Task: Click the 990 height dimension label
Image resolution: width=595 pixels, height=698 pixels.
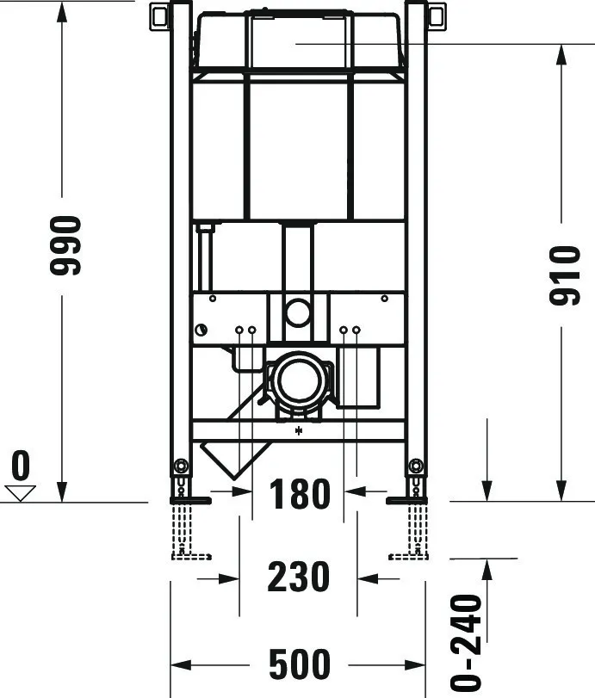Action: tap(65, 245)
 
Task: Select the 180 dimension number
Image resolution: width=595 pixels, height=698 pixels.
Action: tap(299, 495)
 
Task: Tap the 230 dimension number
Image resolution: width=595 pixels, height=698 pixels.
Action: tap(299, 577)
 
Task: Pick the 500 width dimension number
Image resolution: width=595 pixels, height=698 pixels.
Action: tap(299, 664)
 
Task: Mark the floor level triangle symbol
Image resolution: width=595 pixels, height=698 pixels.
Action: tap(20, 493)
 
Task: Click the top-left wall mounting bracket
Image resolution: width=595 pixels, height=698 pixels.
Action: tap(160, 15)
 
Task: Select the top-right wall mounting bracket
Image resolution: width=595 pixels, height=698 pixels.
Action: tap(437, 15)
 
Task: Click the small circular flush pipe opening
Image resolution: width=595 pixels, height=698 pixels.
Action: tap(298, 312)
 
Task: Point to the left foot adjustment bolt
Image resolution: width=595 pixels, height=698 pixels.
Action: tap(181, 466)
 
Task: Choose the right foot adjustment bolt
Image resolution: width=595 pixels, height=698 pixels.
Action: tap(417, 466)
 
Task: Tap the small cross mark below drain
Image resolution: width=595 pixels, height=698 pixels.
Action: tap(299, 431)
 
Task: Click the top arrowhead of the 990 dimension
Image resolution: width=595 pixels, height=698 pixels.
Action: tap(62, 10)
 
